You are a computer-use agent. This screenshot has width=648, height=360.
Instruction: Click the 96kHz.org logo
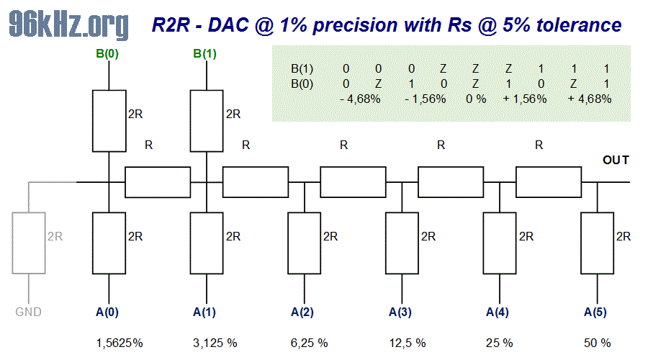coord(69,25)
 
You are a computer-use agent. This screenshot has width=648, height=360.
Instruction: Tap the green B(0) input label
coord(109,53)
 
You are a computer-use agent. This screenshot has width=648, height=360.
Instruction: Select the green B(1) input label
coord(206,53)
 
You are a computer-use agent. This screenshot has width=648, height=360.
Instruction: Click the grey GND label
coord(29,312)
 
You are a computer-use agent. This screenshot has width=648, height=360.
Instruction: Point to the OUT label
coord(616,160)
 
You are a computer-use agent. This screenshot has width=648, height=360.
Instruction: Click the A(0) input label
coord(109,312)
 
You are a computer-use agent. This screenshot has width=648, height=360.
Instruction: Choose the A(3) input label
coord(401,312)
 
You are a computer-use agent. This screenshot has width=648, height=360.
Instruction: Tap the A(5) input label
coord(596,312)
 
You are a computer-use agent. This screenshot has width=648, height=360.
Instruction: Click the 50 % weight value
coord(596,343)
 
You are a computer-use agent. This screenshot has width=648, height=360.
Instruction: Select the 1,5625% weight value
coord(120,343)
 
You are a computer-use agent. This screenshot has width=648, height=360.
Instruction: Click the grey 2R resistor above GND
coord(29,243)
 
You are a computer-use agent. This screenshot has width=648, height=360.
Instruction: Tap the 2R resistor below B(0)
coord(109,121)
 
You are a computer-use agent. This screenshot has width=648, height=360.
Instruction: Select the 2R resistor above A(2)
coord(304,243)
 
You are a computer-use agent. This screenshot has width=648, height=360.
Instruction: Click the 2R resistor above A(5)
coord(596,243)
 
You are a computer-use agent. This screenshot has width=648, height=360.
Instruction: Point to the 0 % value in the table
coord(477,99)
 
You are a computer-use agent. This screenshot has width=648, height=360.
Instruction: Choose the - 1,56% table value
coord(426,99)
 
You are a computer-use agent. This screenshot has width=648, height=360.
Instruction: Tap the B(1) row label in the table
coord(302,69)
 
